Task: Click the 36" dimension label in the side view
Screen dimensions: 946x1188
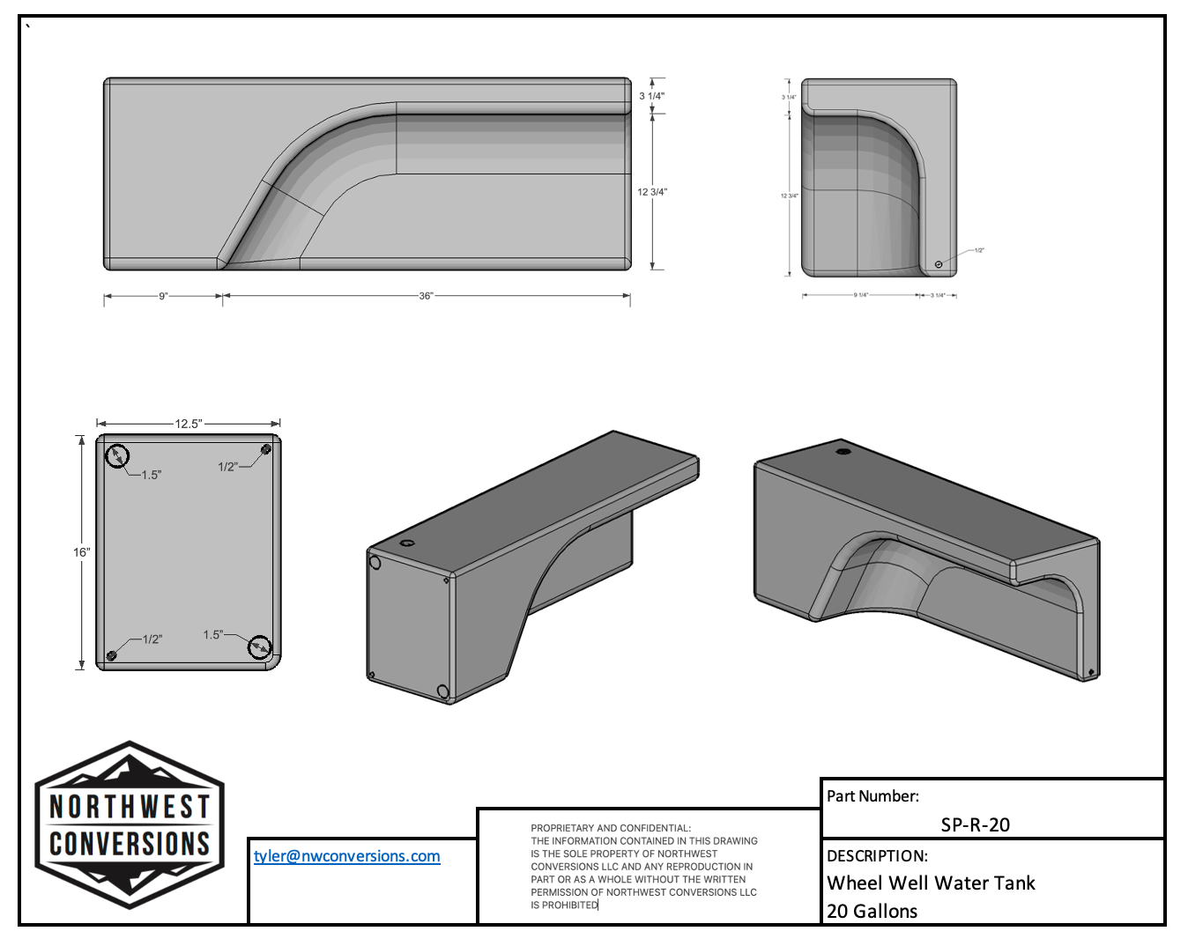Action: [426, 296]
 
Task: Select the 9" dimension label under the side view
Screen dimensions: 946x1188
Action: [163, 296]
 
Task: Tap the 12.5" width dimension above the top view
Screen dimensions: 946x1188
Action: [188, 424]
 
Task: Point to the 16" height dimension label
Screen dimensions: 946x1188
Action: [81, 552]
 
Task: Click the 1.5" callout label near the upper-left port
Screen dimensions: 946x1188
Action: [151, 475]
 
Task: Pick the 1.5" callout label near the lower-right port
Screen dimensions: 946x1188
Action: [212, 634]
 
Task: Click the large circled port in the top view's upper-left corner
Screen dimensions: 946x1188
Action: [117, 455]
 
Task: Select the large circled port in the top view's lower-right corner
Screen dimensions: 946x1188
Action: [259, 647]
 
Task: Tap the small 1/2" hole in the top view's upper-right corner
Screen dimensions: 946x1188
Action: [265, 450]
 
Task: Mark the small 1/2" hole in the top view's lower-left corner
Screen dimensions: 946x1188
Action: [112, 655]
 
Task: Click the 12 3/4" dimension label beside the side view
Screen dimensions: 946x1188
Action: [652, 192]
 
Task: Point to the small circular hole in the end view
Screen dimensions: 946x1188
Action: [939, 264]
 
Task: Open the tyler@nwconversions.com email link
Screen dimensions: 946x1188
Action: [346, 856]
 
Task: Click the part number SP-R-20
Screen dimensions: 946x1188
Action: [975, 825]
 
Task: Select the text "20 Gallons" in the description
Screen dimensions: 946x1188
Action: [872, 912]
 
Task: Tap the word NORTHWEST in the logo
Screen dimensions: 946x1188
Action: [130, 806]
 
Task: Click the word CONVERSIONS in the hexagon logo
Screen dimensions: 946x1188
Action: [130, 844]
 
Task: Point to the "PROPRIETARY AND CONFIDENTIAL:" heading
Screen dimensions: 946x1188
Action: [611, 828]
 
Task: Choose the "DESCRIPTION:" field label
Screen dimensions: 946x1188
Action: [877, 856]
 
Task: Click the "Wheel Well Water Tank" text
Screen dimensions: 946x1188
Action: [931, 883]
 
